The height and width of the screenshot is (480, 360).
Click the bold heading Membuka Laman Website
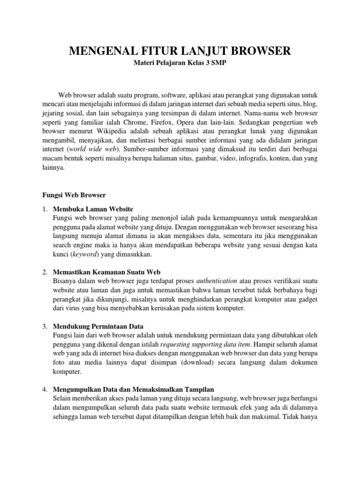pyautogui.click(x=93, y=209)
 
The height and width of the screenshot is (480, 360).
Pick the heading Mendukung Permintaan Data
pyautogui.click(x=98, y=326)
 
